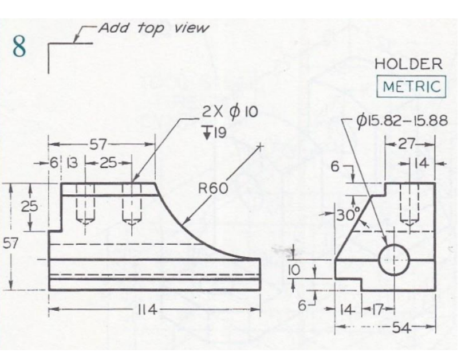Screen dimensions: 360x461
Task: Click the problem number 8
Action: (x=19, y=47)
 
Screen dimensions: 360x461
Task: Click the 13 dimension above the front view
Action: (x=73, y=163)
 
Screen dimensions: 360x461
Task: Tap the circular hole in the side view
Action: (x=394, y=259)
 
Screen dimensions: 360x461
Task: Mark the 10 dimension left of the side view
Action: (x=293, y=269)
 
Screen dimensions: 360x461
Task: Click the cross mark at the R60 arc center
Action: (x=261, y=147)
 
